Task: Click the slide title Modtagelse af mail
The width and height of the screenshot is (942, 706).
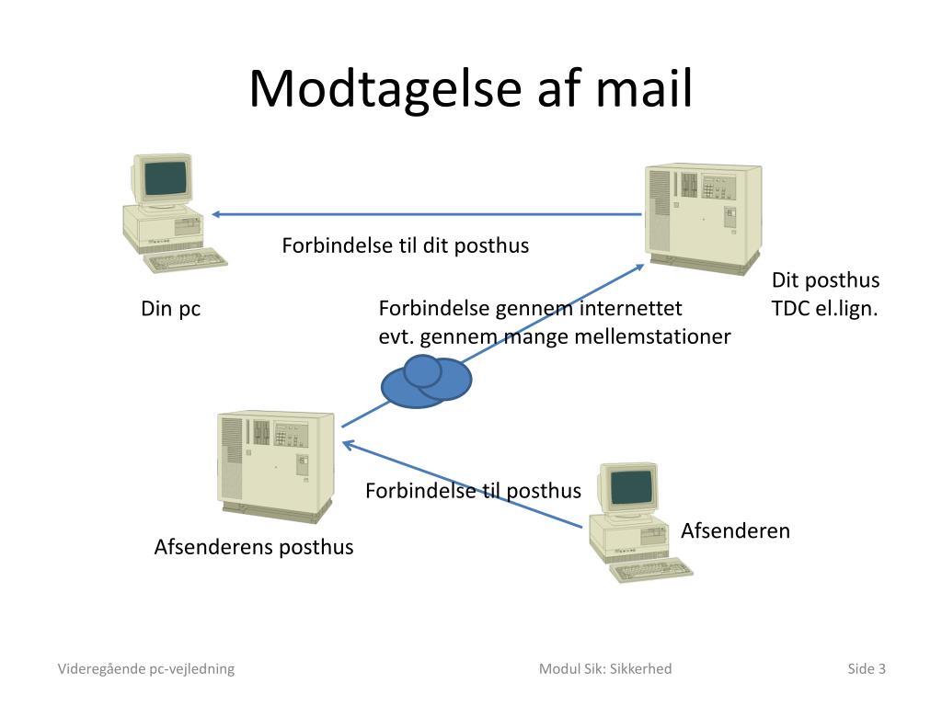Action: tap(470, 89)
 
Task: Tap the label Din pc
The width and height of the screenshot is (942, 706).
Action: tap(170, 309)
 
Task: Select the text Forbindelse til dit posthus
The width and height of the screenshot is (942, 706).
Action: tap(405, 245)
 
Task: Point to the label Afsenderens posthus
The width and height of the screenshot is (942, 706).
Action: tap(253, 547)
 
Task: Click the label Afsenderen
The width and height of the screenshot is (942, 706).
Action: tap(735, 530)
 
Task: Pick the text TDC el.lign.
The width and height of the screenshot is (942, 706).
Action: tap(824, 309)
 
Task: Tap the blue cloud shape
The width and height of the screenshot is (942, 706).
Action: tap(427, 381)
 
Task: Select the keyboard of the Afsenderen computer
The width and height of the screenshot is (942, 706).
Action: tap(653, 570)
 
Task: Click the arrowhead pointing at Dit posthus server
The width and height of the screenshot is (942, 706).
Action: tap(640, 267)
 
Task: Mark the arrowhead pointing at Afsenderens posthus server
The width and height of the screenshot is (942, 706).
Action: tap(347, 444)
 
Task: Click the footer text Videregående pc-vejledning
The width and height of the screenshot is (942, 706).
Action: tap(146, 668)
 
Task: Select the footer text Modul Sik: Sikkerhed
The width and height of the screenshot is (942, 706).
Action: tap(605, 668)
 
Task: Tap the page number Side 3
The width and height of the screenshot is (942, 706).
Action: tap(867, 668)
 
